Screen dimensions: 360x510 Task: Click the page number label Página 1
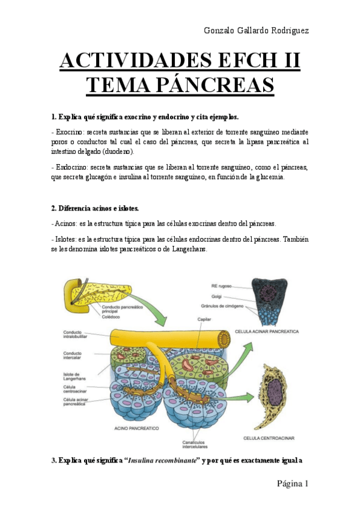(x=293, y=483)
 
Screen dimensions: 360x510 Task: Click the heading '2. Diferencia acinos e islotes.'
(x=95, y=208)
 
